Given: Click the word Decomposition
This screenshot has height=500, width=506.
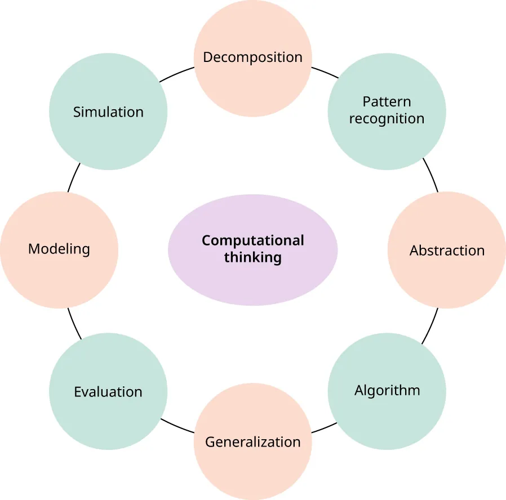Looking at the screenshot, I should click(252, 57).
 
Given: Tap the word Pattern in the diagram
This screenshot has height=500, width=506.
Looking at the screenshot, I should click(387, 102).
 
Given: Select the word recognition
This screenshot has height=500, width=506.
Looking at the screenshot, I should click(387, 119).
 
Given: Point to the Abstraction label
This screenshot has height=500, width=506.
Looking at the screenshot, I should click(447, 251).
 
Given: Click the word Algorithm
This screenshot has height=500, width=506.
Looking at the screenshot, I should click(387, 390).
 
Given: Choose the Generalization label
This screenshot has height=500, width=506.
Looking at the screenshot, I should click(252, 442).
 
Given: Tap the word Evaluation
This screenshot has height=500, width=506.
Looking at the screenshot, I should click(108, 392).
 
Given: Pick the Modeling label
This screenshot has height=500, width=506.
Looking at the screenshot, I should click(59, 249).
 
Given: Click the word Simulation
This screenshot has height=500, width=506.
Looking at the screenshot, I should click(108, 112).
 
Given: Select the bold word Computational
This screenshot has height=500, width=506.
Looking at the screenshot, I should click(252, 241).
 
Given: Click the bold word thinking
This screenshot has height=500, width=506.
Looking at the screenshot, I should click(252, 258).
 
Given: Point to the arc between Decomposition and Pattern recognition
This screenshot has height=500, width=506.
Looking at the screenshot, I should click(325, 72).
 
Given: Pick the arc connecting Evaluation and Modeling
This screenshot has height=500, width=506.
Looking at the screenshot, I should click(74, 324).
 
